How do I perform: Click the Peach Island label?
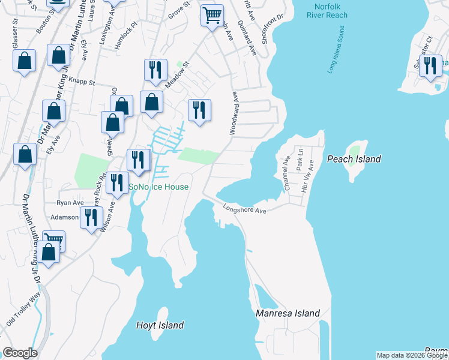coord(354,159)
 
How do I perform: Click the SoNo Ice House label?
coord(159,187)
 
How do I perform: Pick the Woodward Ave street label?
coord(234,112)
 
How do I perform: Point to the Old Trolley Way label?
coord(23,317)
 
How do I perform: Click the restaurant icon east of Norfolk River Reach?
coord(430,65)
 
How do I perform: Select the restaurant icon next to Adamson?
coord(91,217)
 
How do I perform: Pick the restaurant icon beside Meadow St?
coord(155,70)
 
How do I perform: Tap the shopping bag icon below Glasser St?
coord(24,61)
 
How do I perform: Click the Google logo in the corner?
coord(20,353)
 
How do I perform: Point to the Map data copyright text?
coord(412,355)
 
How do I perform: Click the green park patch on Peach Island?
coord(355,151)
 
